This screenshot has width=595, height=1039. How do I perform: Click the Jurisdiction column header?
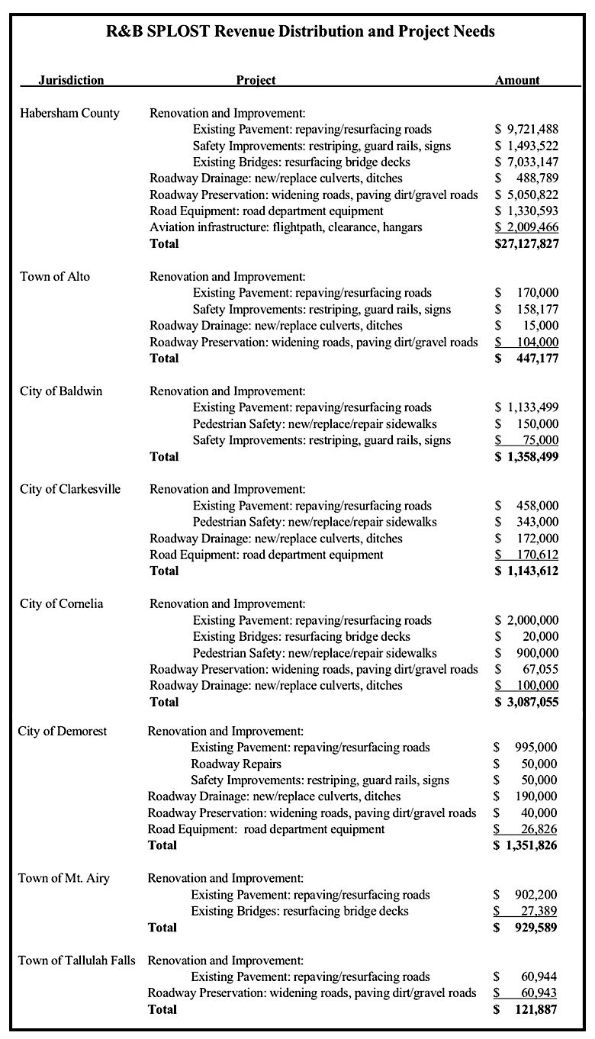coord(71,80)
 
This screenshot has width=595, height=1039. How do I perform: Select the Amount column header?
coord(517,80)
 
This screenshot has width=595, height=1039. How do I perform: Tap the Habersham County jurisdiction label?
coord(69,113)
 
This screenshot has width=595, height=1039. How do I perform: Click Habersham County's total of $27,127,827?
coord(526,243)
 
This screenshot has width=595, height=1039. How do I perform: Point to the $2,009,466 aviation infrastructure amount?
coord(526,227)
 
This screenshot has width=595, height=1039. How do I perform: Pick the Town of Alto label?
coord(55,276)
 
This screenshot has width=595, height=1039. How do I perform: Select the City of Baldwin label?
coord(61,391)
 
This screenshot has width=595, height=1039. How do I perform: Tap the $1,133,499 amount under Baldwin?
coord(526,407)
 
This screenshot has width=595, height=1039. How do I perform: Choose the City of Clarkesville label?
coord(70,489)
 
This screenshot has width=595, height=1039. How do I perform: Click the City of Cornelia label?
coord(62,603)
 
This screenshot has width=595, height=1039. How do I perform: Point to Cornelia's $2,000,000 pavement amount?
coord(526,620)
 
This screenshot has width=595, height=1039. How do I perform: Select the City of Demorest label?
coord(63,731)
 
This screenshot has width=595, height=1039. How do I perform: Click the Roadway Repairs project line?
coord(236,764)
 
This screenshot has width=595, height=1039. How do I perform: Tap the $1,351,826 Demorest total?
coord(526,845)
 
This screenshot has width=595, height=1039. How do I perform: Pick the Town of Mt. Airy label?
coord(64,878)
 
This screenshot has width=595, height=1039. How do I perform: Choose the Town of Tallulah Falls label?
coord(77,960)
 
